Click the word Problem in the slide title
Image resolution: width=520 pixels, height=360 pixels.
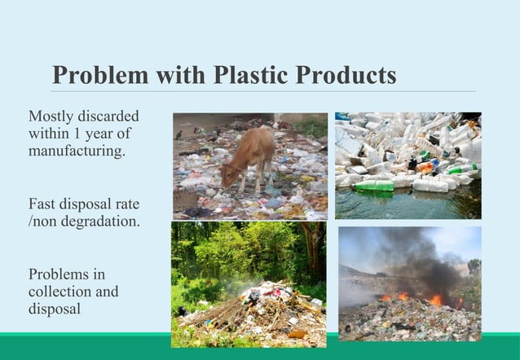pos(99,75)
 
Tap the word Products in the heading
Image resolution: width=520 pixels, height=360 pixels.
pos(346,75)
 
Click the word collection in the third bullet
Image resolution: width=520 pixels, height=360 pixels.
pos(58,292)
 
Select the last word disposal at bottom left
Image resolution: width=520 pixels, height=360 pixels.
pos(55,310)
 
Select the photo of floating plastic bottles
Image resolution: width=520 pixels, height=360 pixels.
pos(408,165)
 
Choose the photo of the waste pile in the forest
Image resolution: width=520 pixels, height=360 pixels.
pos(249,284)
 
